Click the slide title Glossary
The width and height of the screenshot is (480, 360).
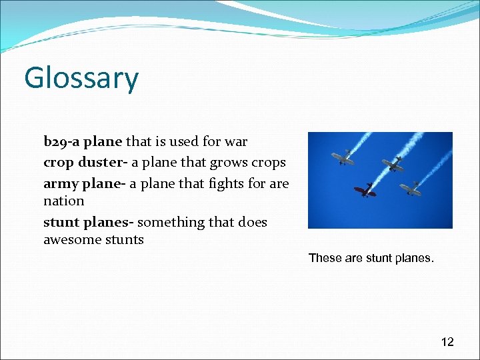coord(81,79)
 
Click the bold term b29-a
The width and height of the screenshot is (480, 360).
coord(61,141)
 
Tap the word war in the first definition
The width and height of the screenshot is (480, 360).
coord(236,141)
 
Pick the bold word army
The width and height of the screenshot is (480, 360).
coord(60,183)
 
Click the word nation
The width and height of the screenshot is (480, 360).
coord(64,201)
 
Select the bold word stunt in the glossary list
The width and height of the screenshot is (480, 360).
coord(60,222)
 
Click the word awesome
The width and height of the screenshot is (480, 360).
coord(71,239)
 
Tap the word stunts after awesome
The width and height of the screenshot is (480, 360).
coord(123,239)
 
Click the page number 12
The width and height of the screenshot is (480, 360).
coord(447,342)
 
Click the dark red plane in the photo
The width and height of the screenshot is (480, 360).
coord(365,191)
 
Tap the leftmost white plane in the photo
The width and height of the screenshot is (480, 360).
coord(344,159)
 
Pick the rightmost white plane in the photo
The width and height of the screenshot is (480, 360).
coord(411,189)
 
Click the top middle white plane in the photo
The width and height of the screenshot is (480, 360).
coord(393,164)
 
